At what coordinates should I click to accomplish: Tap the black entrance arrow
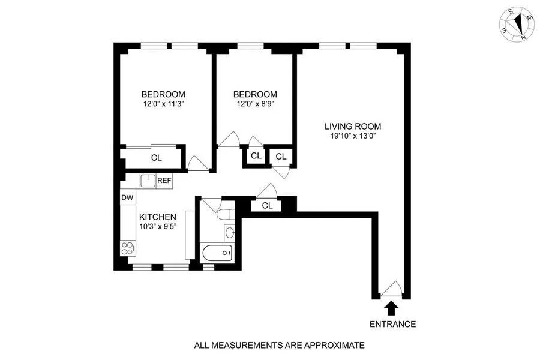(x=392, y=308)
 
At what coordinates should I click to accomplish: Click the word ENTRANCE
(x=392, y=324)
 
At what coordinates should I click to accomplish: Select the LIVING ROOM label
(x=353, y=126)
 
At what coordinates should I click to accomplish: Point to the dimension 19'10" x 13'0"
(x=353, y=136)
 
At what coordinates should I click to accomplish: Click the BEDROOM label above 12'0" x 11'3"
(x=163, y=94)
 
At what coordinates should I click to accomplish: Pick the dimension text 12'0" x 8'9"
(x=255, y=104)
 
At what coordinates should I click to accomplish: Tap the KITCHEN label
(x=157, y=217)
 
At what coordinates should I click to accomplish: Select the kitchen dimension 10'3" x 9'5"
(x=157, y=227)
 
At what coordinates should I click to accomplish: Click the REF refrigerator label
(x=164, y=180)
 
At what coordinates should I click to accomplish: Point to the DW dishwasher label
(x=127, y=197)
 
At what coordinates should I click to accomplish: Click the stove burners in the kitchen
(x=127, y=248)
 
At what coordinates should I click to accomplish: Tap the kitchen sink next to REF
(x=148, y=180)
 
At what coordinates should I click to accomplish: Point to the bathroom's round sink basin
(x=230, y=232)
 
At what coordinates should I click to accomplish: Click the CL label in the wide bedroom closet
(x=157, y=158)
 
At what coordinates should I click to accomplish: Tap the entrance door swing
(x=391, y=290)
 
